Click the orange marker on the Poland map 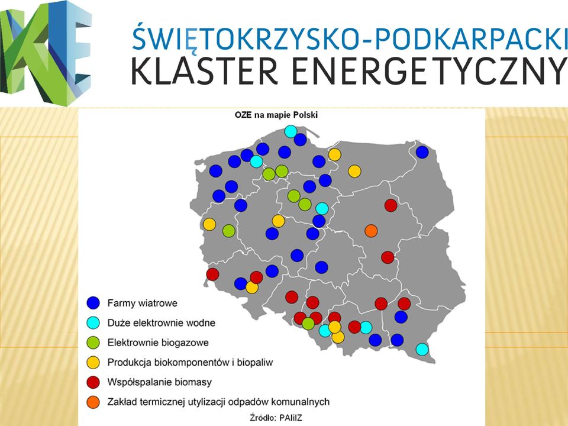(371, 231)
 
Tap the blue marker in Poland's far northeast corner (422, 152)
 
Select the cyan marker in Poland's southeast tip (422, 349)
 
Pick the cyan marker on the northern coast (291, 131)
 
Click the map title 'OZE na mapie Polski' (276, 115)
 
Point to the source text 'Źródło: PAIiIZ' (276, 417)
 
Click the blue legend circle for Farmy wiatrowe (93, 303)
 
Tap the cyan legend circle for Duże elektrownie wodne (93, 323)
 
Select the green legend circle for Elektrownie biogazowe (93, 343)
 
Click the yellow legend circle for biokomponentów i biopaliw (93, 362)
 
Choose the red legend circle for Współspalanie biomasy (93, 382)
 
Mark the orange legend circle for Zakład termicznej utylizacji (93, 402)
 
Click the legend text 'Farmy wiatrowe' (143, 303)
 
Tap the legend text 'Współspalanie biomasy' (159, 382)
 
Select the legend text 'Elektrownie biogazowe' (158, 343)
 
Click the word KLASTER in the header (204, 70)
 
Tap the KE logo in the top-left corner (46, 53)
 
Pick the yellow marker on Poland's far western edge (209, 224)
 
